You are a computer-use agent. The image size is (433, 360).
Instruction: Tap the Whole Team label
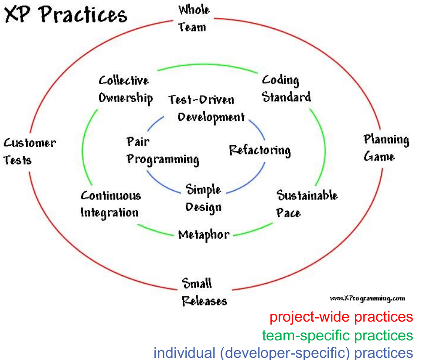(x=194, y=18)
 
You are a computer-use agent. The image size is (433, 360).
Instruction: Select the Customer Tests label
(x=29, y=151)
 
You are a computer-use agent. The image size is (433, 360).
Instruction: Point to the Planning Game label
(x=386, y=148)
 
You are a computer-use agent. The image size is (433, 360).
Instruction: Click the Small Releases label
(x=204, y=292)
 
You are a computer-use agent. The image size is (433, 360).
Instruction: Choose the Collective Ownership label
(x=125, y=89)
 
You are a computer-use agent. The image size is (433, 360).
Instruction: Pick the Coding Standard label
(x=286, y=88)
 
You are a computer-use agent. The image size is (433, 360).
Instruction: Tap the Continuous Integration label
(x=111, y=204)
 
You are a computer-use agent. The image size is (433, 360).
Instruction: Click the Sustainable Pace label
(x=307, y=203)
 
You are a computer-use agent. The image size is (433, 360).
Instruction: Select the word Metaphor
(x=204, y=235)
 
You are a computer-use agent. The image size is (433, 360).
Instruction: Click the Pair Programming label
(x=163, y=151)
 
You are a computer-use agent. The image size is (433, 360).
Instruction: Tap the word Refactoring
(x=260, y=150)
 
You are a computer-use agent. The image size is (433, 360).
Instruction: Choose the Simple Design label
(x=204, y=198)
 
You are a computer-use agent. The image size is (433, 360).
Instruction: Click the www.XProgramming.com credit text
(x=367, y=298)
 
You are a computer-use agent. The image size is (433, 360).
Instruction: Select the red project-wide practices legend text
(x=341, y=317)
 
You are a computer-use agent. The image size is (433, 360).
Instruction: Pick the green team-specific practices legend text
(x=337, y=335)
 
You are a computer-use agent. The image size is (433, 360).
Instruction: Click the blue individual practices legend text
(x=283, y=353)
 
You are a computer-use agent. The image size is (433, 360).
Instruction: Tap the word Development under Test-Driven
(x=211, y=117)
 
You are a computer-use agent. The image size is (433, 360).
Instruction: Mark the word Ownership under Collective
(x=125, y=98)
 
